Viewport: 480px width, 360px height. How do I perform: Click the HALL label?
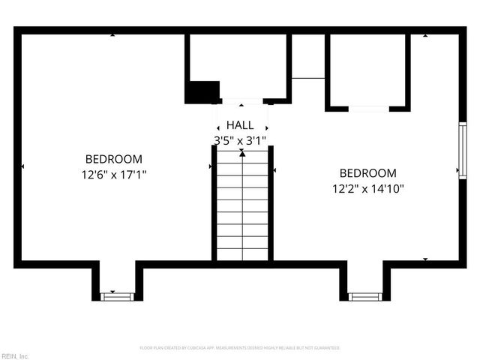pos(240,125)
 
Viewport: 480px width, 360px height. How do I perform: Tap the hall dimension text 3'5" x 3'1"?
pos(240,139)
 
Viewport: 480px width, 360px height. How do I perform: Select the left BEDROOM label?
pos(113,159)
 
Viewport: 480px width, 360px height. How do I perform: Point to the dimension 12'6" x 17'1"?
pos(113,174)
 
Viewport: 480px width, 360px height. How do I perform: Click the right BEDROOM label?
pos(367,173)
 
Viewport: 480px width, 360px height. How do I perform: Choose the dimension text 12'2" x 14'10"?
pos(367,188)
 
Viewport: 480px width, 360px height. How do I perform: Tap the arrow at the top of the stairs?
pos(241,152)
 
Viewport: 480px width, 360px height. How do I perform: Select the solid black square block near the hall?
pos(201,92)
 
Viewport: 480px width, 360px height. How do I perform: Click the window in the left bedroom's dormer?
pos(117,295)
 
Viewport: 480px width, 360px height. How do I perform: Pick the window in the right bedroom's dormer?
pos(365,296)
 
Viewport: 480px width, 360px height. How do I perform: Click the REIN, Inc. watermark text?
pos(15,355)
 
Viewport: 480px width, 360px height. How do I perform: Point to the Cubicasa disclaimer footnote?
pos(240,348)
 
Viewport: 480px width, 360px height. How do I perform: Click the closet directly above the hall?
pos(238,66)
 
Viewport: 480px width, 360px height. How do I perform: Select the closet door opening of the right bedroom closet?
pos(368,109)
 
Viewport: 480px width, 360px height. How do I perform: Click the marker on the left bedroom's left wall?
pos(23,166)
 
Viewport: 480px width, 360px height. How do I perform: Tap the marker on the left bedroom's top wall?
pos(112,35)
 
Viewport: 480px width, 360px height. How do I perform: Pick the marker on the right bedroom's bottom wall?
pos(425,259)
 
